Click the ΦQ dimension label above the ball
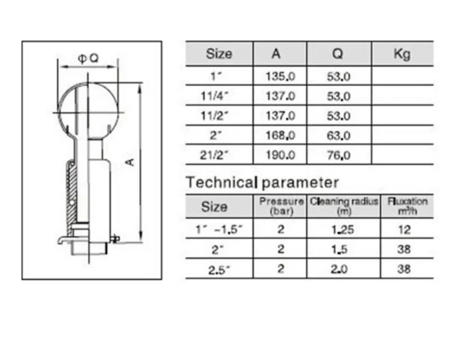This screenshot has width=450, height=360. click(x=88, y=59)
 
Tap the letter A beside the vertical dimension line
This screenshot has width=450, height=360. click(x=130, y=162)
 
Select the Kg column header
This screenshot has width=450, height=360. click(x=402, y=53)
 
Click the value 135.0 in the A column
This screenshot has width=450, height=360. click(x=280, y=77)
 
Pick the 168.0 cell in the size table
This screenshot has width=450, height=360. click(x=280, y=136)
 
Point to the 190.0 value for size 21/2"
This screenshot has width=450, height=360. click(x=280, y=155)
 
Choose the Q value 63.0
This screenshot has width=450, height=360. click(x=338, y=136)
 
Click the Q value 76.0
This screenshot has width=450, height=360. click(x=338, y=155)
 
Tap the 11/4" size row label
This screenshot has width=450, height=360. click(x=215, y=96)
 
